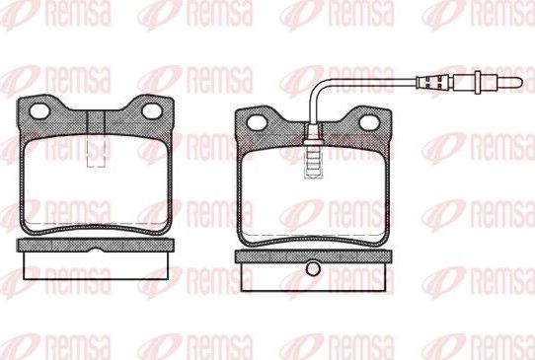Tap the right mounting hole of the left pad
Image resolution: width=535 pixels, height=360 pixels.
coord(154,109)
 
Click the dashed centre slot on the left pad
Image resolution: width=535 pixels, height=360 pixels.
coord(97,149)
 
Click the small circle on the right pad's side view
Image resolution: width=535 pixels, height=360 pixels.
coord(314,268)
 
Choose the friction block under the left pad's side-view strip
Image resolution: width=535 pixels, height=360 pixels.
coord(97,266)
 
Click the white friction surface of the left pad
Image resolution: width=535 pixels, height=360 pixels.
coord(97,187)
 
